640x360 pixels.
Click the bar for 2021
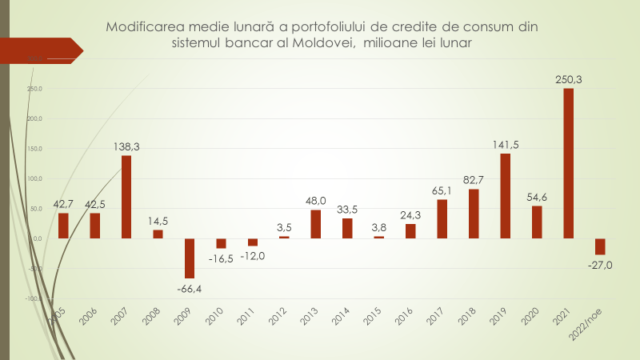click(568, 163)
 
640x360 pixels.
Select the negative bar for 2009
click(190, 258)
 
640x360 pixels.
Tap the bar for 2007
click(126, 197)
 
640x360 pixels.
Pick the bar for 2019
click(505, 196)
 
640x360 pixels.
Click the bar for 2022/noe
click(600, 246)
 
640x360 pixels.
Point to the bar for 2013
click(315, 224)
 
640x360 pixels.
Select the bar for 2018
click(474, 214)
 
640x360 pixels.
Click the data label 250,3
click(569, 79)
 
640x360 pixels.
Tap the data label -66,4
click(190, 288)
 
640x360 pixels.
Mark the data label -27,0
click(599, 265)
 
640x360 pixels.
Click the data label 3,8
click(378, 227)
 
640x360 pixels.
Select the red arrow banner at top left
click(44, 50)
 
